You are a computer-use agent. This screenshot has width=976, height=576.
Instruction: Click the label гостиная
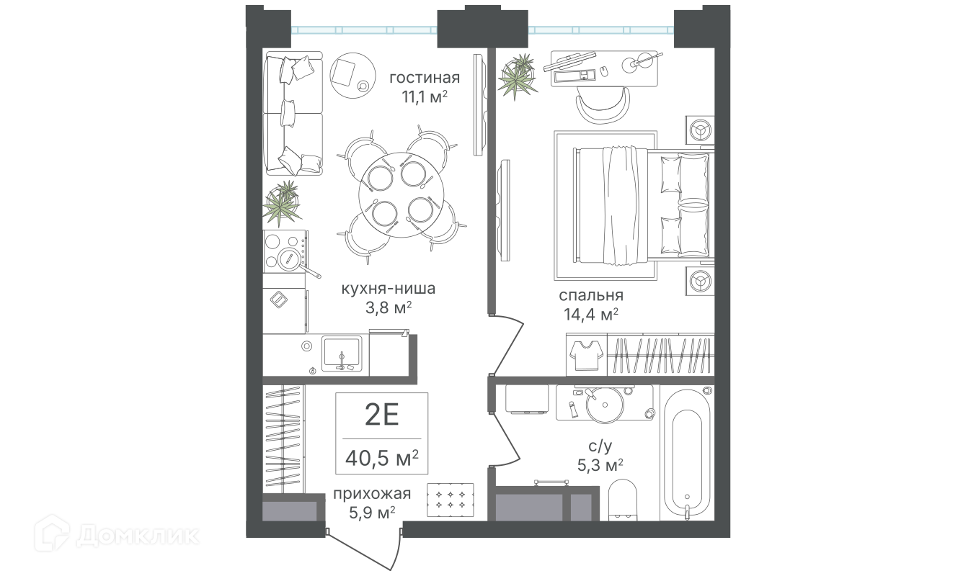tap(425, 78)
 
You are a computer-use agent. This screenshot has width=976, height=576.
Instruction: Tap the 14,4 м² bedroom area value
tap(591, 314)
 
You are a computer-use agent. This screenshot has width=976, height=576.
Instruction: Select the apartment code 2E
tap(382, 415)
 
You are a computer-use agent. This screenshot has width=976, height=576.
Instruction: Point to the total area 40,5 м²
tap(382, 458)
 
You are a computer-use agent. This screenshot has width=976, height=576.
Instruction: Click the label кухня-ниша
tap(389, 289)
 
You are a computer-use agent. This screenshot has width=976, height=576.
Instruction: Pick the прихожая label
tap(372, 494)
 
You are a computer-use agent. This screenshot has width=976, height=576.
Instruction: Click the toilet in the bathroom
tap(623, 500)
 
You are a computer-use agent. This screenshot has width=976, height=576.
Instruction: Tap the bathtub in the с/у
tap(687, 454)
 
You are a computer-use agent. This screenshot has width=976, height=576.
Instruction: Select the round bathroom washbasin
tap(605, 405)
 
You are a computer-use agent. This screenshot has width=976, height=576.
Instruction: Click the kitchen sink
tap(342, 353)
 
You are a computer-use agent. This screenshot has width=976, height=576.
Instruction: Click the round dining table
tap(401, 195)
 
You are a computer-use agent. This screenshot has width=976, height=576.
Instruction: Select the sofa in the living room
tap(293, 114)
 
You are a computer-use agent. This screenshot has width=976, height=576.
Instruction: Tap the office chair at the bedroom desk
tap(603, 104)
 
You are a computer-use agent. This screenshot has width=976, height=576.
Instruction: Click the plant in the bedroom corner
tap(518, 76)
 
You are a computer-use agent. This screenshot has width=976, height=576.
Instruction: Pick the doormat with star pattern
tap(450, 500)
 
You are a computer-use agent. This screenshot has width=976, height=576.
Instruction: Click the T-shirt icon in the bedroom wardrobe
tap(587, 355)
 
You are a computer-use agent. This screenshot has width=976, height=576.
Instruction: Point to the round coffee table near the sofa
tap(352, 76)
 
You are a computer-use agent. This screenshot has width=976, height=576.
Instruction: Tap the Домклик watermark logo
tap(117, 535)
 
